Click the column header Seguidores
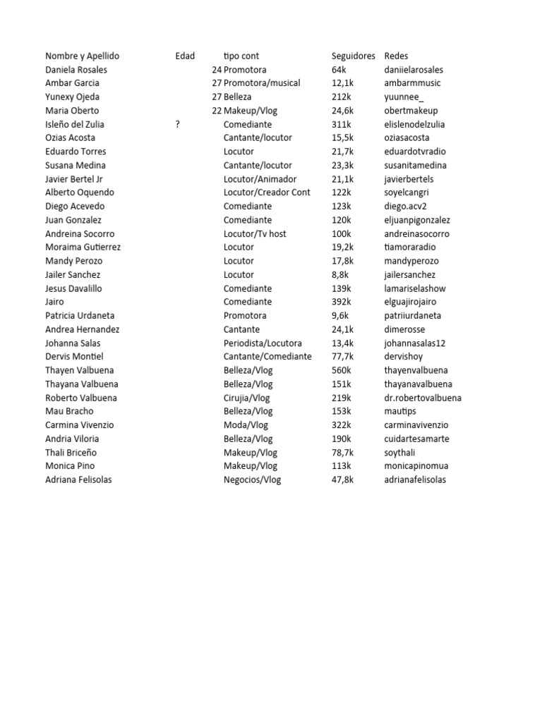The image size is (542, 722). coord(353,56)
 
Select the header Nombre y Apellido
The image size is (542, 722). coord(82,56)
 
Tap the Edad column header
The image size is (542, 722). coord(185,56)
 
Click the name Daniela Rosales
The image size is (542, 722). coord(76,70)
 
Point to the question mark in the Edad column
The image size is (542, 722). coord(178,124)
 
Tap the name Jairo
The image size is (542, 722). coord(54,302)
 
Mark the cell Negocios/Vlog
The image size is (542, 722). coord(252,479)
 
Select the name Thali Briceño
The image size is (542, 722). coord(71,452)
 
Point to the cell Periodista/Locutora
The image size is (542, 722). coord(263,343)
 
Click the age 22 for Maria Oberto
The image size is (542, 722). coord(217,111)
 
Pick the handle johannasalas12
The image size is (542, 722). coord(415,343)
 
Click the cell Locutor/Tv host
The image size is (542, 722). coord(255,233)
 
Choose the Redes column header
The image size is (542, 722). coord(396,56)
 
